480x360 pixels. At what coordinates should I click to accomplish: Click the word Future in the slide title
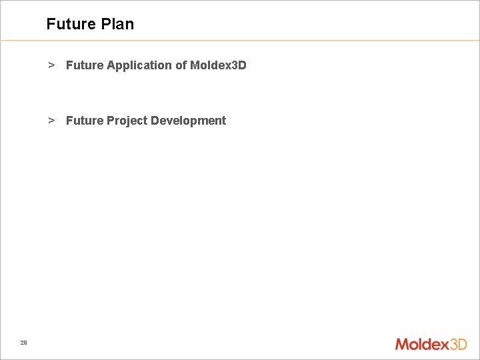click(x=71, y=24)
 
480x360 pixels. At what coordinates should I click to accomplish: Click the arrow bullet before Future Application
click(x=51, y=65)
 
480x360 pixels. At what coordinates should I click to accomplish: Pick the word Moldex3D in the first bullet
click(x=218, y=65)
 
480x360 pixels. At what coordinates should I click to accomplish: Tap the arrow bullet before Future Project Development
click(x=51, y=121)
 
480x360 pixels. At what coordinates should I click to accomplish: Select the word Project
click(x=127, y=121)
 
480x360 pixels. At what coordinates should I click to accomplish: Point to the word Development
click(x=189, y=121)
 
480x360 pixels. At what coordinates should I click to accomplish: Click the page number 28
click(x=23, y=343)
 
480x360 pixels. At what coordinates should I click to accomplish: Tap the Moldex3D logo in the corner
click(x=431, y=344)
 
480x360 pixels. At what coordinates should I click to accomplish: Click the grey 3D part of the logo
click(x=458, y=344)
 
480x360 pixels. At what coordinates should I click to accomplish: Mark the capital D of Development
click(x=155, y=121)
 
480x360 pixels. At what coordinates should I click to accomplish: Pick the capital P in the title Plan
click(x=105, y=24)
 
